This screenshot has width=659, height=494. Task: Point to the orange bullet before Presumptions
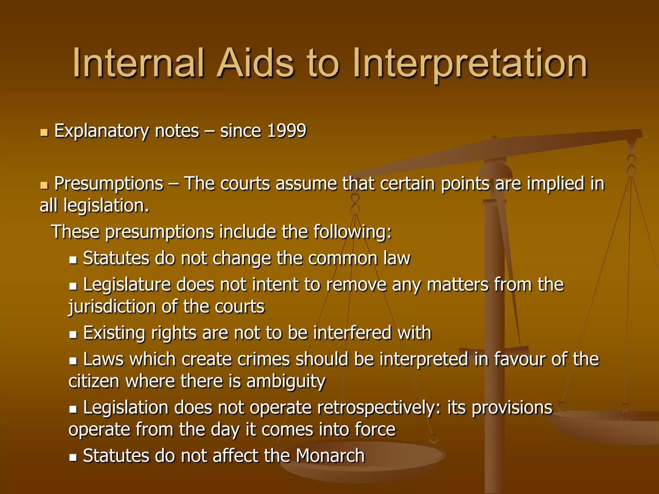coord(44,185)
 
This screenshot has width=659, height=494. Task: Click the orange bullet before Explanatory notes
coord(44,133)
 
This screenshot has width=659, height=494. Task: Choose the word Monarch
coord(330,456)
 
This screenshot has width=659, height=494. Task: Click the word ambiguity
coord(286,382)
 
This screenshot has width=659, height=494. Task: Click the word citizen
coord(94,381)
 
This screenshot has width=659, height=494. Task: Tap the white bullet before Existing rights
coord(73,335)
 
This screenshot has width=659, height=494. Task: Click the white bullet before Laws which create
coord(73,361)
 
